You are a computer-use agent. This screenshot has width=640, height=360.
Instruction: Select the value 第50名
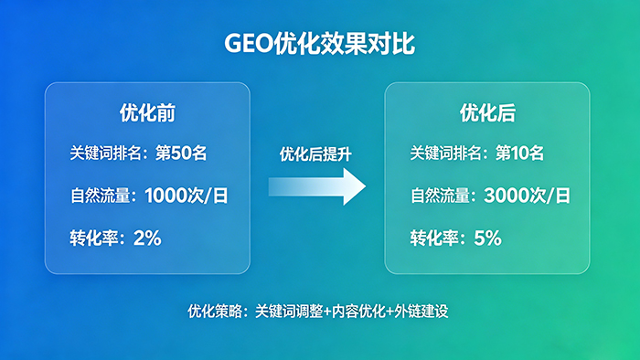(182, 153)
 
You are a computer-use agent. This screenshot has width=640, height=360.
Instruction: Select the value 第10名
(519, 153)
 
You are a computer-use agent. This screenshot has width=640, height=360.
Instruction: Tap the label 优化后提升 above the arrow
(315, 154)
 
